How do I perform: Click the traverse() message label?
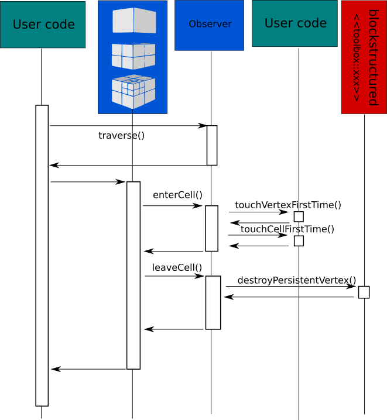[x=121, y=136]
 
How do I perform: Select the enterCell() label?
[x=177, y=195]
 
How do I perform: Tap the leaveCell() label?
[x=177, y=267]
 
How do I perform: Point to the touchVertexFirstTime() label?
[x=288, y=205]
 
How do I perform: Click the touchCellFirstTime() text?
[x=287, y=229]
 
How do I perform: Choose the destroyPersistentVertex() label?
[x=297, y=280]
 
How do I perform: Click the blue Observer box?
[x=210, y=25]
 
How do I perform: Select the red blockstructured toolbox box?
[x=364, y=57]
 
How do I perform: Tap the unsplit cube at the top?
[x=134, y=20]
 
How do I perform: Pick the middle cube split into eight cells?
[x=133, y=56]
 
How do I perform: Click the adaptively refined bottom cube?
[x=133, y=91]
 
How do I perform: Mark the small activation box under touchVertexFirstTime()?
[x=299, y=216]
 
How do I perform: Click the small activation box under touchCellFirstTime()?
[x=299, y=241]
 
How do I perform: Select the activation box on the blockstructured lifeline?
[x=364, y=292]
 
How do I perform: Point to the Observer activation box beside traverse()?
[x=212, y=146]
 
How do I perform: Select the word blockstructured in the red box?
[x=374, y=57]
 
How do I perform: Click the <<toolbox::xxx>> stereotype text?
[x=357, y=57]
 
